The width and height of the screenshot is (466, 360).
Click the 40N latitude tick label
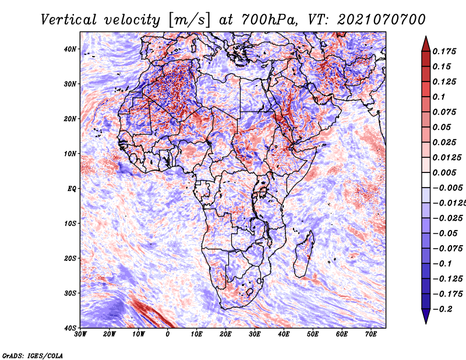pyautogui.click(x=69, y=49)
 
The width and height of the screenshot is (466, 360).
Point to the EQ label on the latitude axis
pyautogui.click(x=72, y=189)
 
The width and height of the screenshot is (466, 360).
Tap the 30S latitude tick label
pyautogui.click(x=69, y=294)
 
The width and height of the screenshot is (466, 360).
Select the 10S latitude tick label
pyautogui.click(x=69, y=224)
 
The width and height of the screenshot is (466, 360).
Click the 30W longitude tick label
pyautogui.click(x=80, y=334)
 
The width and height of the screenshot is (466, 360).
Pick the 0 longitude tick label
pyautogui.click(x=168, y=334)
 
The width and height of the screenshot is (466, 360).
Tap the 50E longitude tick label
pyautogui.click(x=313, y=334)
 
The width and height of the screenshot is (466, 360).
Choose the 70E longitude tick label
pyautogui.click(x=371, y=334)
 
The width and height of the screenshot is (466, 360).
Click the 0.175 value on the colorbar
pyautogui.click(x=444, y=52)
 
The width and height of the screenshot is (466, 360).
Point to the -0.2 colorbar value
pyautogui.click(x=442, y=309)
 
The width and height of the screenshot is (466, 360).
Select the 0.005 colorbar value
pyautogui.click(x=444, y=172)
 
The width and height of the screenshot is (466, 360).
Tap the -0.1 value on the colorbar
pyautogui.click(x=442, y=264)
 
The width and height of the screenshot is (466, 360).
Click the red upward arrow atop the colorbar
pyautogui.click(x=426, y=44)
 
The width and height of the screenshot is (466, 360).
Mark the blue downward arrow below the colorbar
pyautogui.click(x=426, y=316)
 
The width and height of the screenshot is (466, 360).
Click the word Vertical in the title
pyautogui.click(x=69, y=20)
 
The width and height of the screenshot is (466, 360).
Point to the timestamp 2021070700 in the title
pyautogui.click(x=382, y=20)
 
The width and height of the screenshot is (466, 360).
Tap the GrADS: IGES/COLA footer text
pyautogui.click(x=33, y=355)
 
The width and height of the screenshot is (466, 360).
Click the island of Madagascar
pyautogui.click(x=304, y=255)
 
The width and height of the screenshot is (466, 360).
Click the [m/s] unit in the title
pyautogui.click(x=189, y=20)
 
